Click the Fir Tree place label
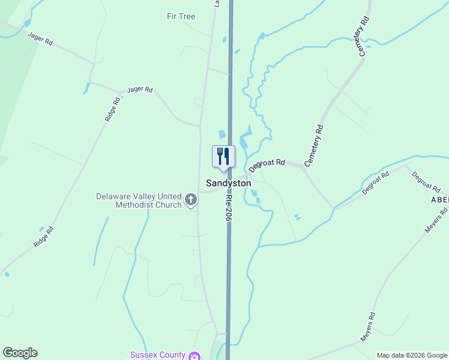click(181, 16)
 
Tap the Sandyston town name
click(228, 182)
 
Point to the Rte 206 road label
click(228, 208)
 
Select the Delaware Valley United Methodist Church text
click(139, 200)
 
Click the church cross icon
click(191, 200)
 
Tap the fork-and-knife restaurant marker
click(223, 156)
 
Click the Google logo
click(20, 353)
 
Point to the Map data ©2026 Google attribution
click(412, 355)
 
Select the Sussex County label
click(158, 355)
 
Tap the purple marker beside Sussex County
click(194, 356)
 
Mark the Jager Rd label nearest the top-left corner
click(41, 38)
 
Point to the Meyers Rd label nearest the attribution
click(368, 327)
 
